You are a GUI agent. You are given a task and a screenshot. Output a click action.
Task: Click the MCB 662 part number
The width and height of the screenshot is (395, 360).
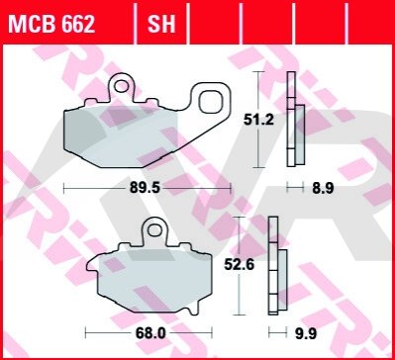coord(51,24)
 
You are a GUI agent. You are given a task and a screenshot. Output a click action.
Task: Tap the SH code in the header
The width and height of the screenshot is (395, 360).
coord(161,24)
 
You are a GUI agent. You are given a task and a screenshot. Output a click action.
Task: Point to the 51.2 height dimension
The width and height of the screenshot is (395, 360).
coord(258,120)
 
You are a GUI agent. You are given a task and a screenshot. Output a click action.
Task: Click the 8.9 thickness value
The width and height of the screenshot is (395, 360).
coord(323,189)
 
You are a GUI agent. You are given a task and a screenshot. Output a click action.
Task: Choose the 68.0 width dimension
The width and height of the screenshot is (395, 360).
coord(149,333)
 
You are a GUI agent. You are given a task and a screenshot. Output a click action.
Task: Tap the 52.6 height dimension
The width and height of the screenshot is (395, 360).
coord(239,264)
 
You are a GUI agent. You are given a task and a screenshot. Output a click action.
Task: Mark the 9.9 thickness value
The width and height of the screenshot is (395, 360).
coord(306,334)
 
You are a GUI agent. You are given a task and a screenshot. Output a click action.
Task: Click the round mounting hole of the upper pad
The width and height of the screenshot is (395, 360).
coord(121,86)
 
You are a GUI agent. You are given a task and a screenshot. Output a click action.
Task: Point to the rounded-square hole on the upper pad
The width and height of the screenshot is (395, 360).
coord(211,100)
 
